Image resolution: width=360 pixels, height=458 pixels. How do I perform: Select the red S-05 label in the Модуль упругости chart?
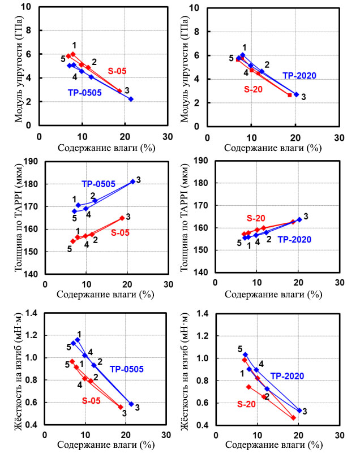pos(117,71)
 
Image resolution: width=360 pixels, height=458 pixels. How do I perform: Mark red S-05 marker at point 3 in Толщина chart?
pos(122,218)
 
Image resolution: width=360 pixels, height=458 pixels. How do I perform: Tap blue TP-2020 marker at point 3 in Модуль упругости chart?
pos(296,94)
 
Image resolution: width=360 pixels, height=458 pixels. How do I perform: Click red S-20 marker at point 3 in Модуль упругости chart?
pos(289,95)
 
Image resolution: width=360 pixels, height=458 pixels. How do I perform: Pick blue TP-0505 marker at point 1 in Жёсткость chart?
pos(78,340)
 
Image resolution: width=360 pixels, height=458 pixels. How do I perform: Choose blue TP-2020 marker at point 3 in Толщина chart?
pos(299,219)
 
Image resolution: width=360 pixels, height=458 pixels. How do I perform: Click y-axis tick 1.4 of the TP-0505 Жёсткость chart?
pos(26,313)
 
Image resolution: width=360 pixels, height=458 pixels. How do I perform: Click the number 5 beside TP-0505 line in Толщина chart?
pos(74,218)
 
